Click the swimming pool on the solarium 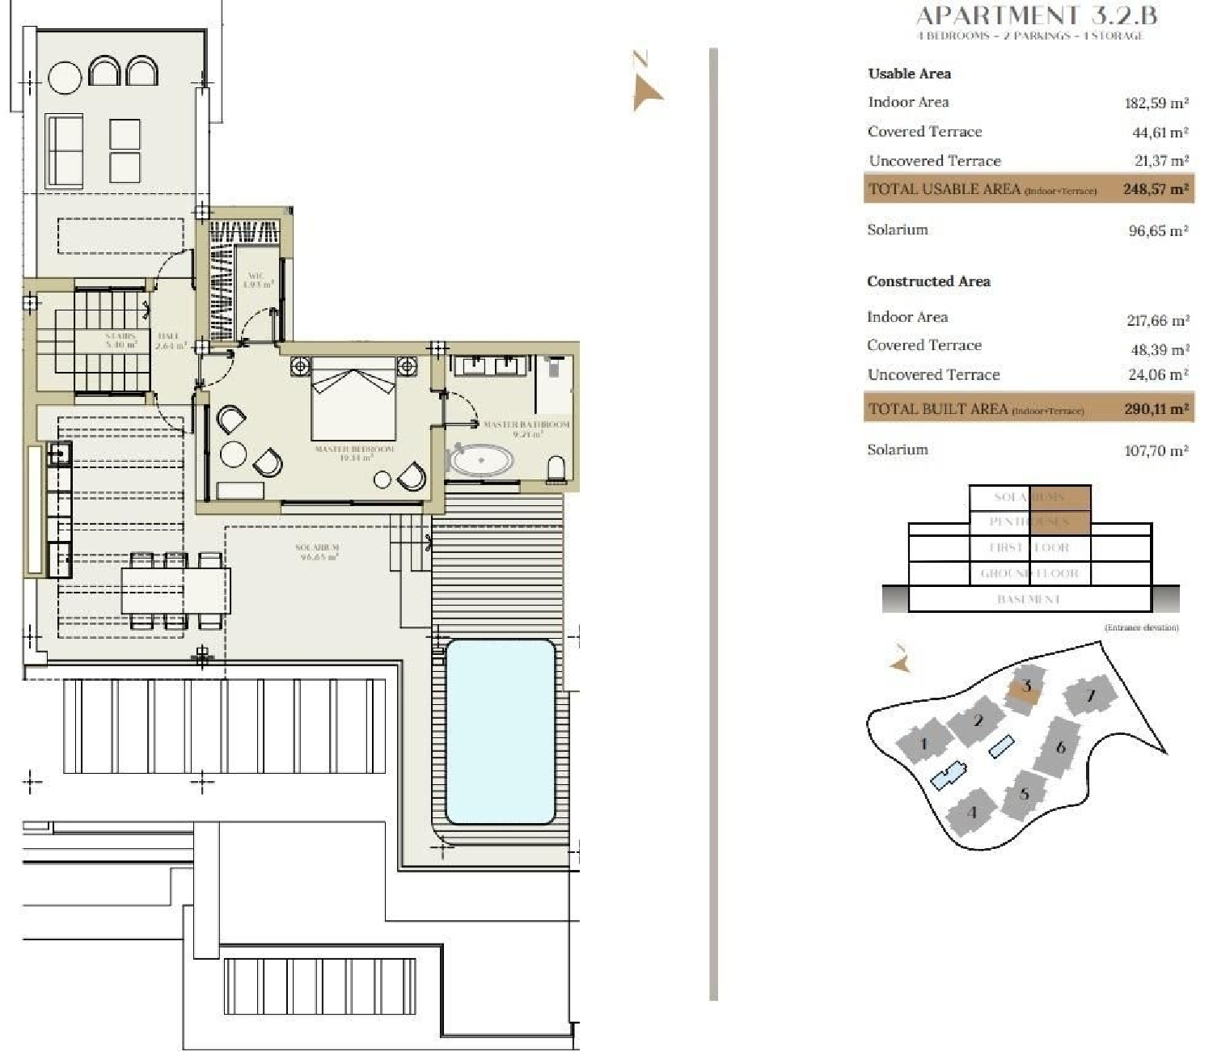tap(501, 731)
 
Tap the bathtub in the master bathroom tap(481, 460)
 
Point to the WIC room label tap(256, 280)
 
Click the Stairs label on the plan tap(120, 340)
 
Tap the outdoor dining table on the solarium tap(175, 590)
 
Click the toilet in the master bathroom tap(556, 470)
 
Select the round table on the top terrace tap(65, 78)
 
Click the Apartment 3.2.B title tap(1037, 15)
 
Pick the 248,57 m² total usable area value tap(1155, 189)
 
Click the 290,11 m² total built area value tap(1156, 409)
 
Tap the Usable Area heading tap(909, 74)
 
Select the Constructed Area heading tap(928, 281)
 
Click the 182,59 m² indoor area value tap(1156, 103)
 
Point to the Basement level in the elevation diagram tap(1029, 599)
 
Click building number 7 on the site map tap(1090, 696)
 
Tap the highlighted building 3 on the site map tap(1026, 687)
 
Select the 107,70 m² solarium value tap(1156, 450)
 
